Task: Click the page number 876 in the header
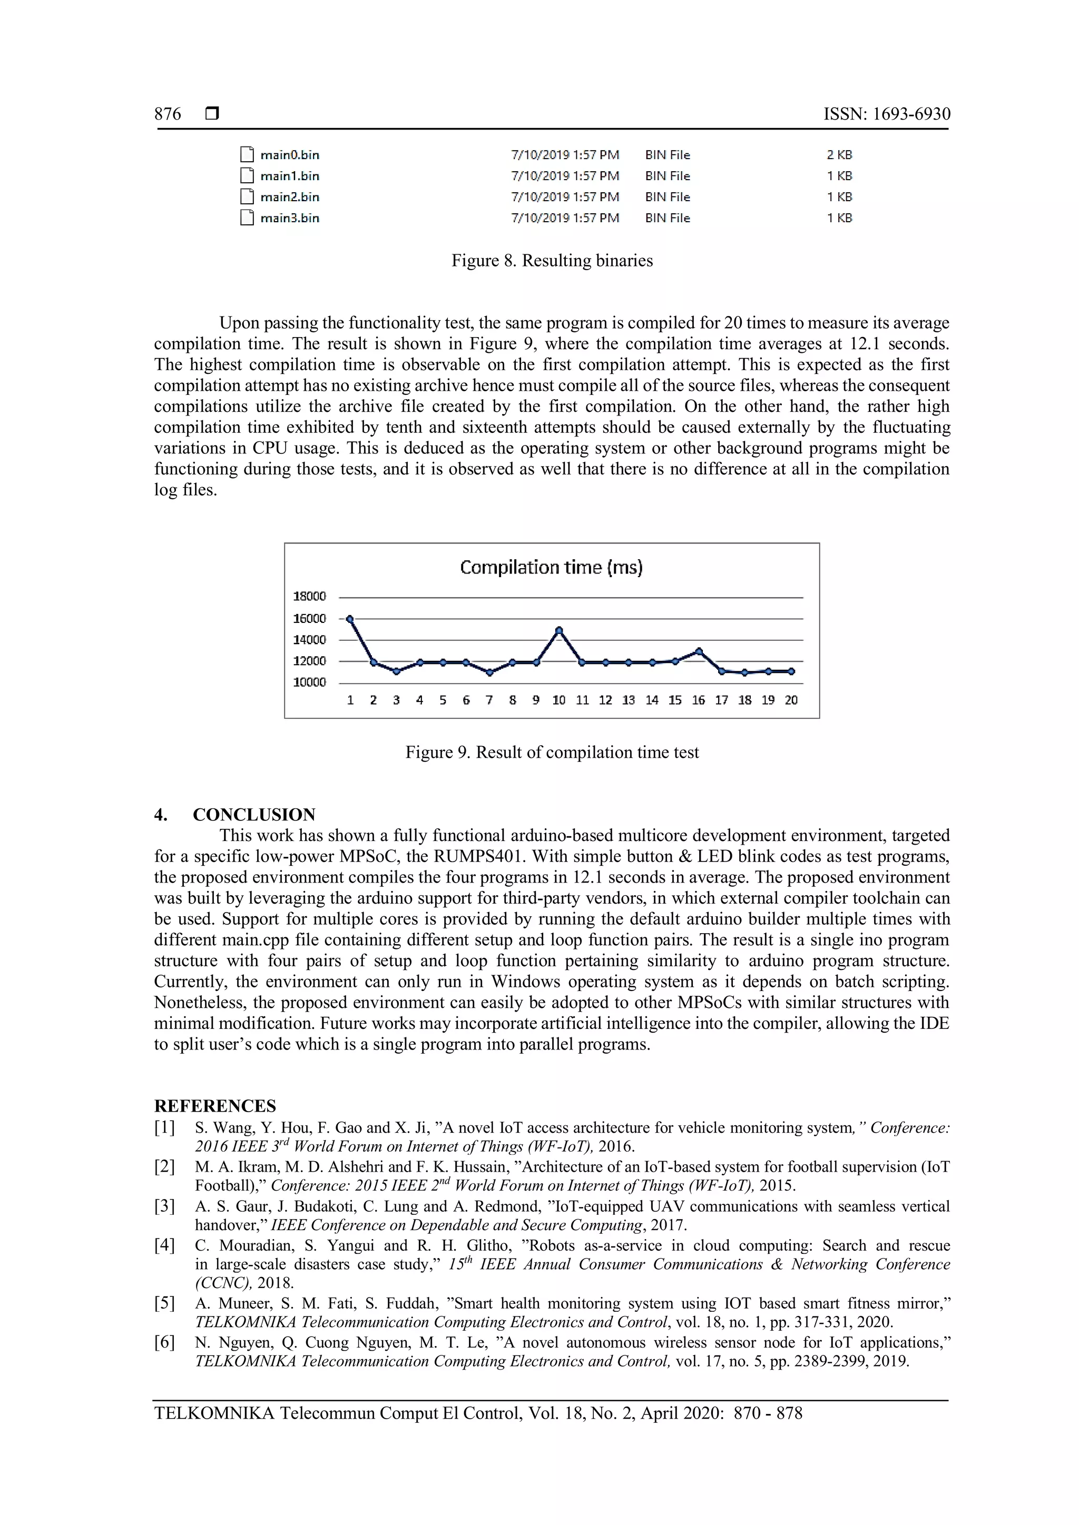coord(168,114)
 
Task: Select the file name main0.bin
coord(290,155)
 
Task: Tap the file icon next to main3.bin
coord(247,218)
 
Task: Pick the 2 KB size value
coord(839,155)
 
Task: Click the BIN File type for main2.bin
coord(667,197)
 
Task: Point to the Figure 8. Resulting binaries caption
coord(552,260)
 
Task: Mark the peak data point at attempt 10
coord(559,630)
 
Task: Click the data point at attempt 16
coord(698,651)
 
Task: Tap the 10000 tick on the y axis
coord(310,682)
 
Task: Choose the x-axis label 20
coord(791,700)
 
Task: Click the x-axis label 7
coord(489,700)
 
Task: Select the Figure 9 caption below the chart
coord(552,752)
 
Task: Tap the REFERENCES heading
coord(214,1106)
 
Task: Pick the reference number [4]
coord(165,1245)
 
